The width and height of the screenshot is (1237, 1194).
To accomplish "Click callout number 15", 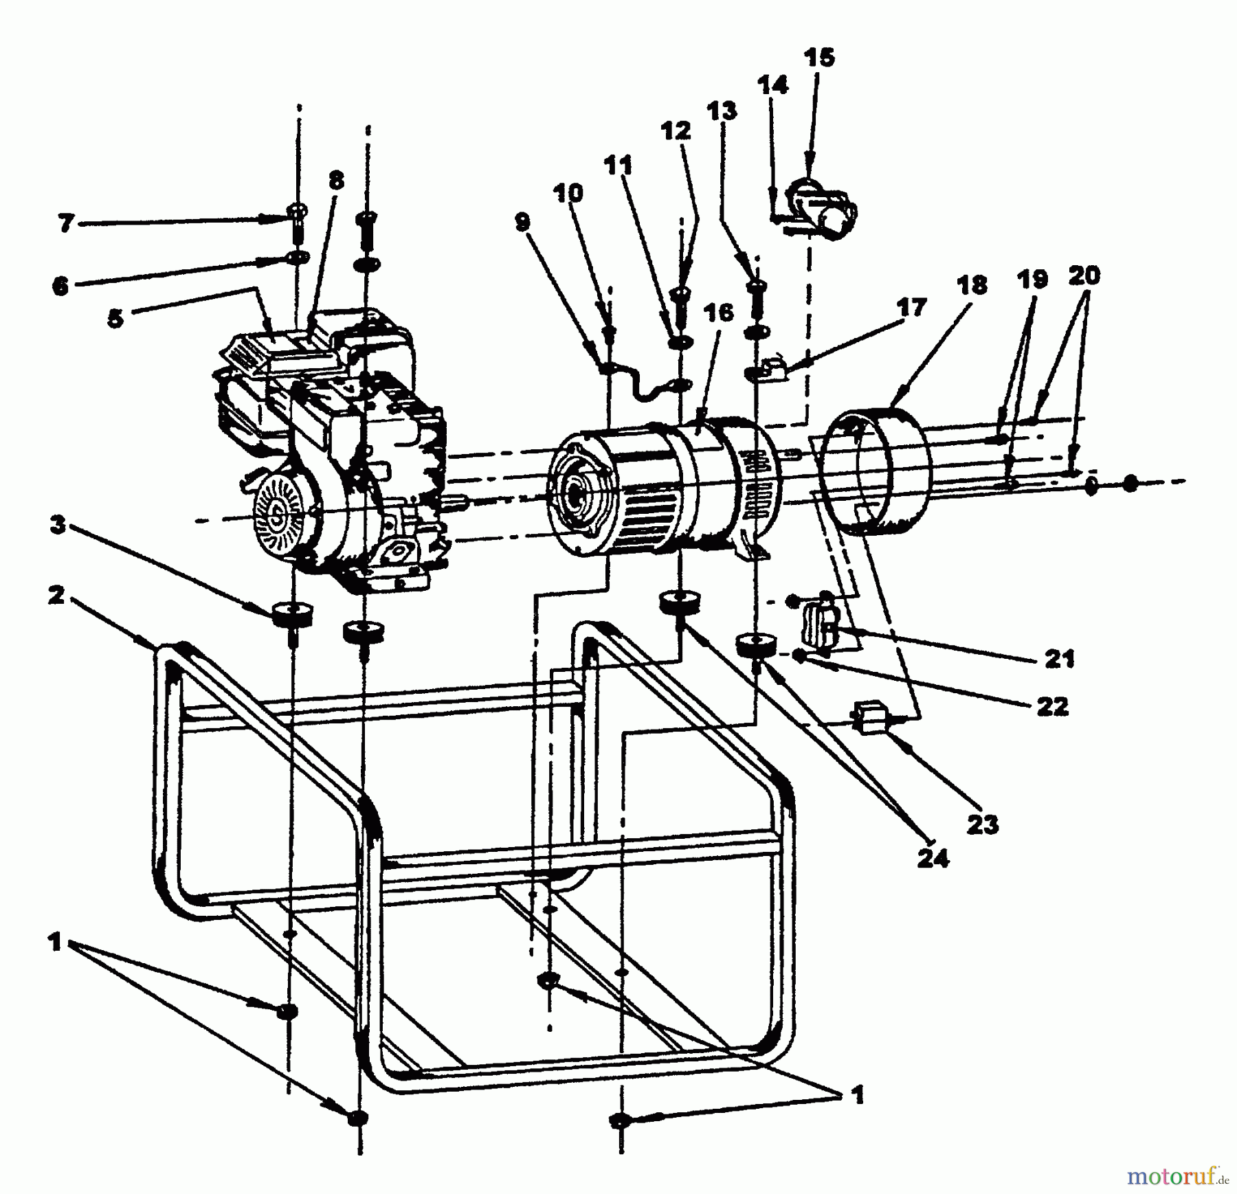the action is (x=818, y=58).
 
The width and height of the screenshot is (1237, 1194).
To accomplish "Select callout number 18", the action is (x=972, y=285).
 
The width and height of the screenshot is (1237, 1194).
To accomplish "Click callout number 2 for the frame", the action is (x=56, y=594).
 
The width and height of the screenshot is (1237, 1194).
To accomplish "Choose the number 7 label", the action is (x=67, y=223).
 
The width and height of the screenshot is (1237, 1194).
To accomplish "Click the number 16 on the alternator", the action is (x=719, y=313).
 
